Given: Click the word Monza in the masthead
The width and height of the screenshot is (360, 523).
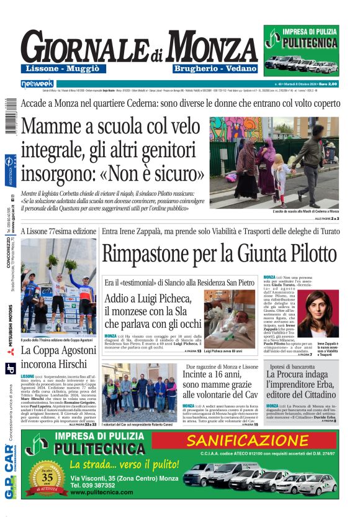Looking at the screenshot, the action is [205, 47].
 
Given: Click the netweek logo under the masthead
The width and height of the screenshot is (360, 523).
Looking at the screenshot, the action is [37, 83].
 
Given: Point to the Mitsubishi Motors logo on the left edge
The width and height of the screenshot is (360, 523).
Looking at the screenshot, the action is [10, 339].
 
